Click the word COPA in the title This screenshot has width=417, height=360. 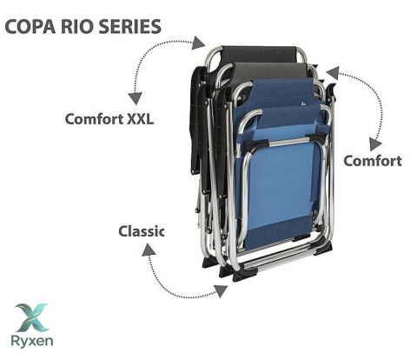(x=30, y=26)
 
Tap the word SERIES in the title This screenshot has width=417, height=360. (x=129, y=26)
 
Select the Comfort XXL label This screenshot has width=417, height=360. (x=109, y=119)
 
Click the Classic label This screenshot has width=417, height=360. (x=142, y=231)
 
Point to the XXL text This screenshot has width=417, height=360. (x=140, y=119)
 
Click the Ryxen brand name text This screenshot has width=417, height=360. (x=32, y=341)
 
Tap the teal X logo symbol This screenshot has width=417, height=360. (x=32, y=317)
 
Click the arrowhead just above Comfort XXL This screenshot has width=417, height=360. (x=136, y=98)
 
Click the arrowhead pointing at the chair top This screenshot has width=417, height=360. (x=199, y=43)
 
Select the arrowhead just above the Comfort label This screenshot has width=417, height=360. (x=375, y=144)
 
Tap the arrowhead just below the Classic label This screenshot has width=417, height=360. (x=149, y=250)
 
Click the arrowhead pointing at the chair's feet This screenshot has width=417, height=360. (x=221, y=290)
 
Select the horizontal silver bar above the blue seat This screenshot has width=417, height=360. (x=285, y=142)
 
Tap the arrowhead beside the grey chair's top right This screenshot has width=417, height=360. (x=333, y=73)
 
